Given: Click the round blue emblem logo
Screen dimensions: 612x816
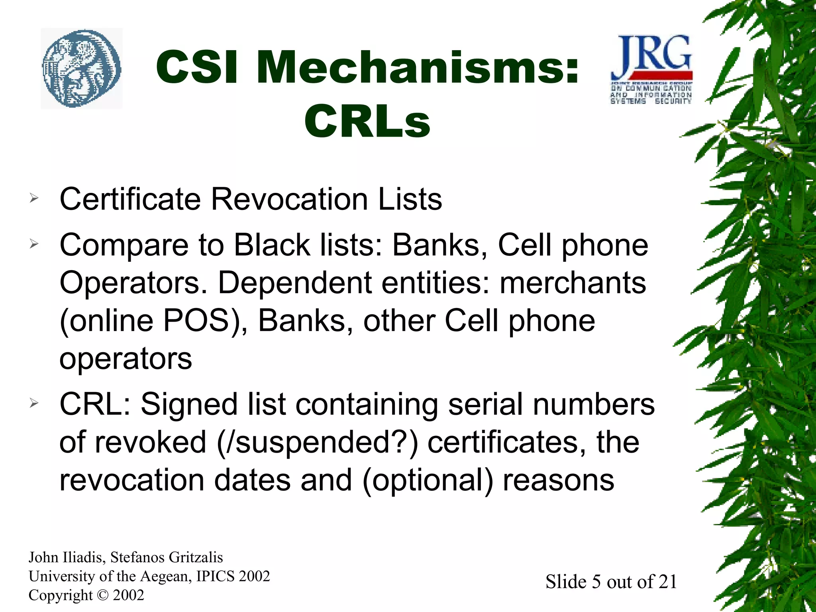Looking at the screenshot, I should tap(82, 69).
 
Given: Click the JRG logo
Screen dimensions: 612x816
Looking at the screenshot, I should tap(651, 69).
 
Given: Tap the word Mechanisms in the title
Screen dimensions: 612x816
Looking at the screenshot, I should tap(418, 67).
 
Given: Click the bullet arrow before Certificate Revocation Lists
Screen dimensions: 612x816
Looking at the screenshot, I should tap(34, 198).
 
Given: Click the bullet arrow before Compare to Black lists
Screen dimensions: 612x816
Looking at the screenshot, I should tap(34, 243).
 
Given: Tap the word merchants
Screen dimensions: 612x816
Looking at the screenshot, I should tap(573, 282).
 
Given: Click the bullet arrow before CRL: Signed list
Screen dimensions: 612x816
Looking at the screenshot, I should tap(34, 403).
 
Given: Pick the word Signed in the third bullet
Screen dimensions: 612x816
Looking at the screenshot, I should tap(189, 404).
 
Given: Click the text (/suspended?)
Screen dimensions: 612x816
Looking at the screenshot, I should tap(317, 443).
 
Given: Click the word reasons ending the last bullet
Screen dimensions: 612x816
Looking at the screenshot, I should tap(558, 480).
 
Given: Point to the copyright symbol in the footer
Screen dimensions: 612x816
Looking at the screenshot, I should tap(102, 595).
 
